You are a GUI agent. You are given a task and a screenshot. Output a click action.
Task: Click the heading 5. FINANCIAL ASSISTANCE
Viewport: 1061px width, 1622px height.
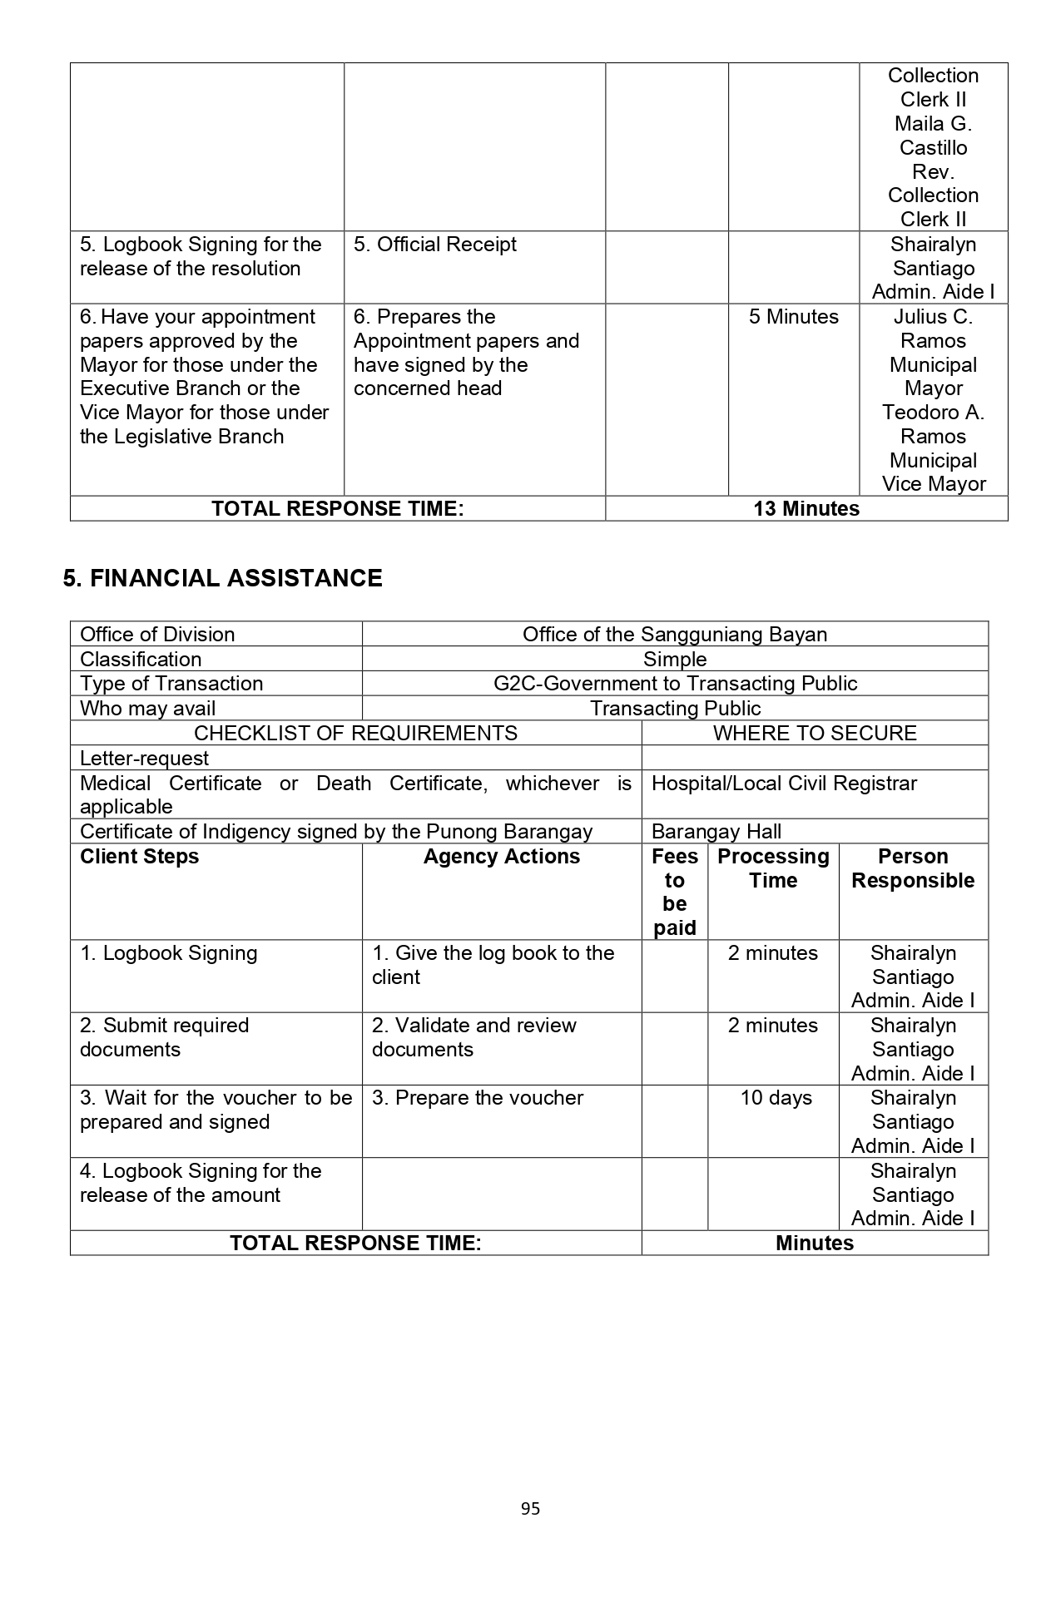coord(222,578)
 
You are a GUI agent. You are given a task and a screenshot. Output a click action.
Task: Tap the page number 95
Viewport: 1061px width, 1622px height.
coord(530,1508)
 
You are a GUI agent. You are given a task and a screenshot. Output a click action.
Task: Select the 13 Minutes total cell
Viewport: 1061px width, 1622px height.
coord(806,509)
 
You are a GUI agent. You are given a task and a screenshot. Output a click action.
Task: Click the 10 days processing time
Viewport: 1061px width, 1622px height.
coord(776,1098)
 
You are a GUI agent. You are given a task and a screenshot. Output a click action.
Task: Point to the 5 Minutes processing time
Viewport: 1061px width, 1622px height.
coord(793,317)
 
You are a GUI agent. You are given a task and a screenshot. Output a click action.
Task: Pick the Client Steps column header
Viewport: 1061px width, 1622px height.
coord(139,857)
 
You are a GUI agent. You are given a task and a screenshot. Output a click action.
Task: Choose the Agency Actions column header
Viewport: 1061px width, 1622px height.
coord(501,857)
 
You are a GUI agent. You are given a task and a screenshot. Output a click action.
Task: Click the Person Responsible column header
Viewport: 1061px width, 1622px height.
coord(913,868)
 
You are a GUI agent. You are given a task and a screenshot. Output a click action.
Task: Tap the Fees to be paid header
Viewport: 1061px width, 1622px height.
coord(674,892)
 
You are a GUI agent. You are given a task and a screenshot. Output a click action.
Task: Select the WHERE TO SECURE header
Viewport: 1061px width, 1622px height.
coord(814,733)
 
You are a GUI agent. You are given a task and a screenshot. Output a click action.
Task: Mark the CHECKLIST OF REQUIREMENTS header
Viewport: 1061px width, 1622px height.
coord(355,733)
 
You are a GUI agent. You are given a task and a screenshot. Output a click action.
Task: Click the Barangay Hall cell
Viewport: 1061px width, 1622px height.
coord(716,832)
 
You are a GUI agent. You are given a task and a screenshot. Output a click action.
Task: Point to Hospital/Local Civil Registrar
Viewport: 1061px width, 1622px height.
coord(783,784)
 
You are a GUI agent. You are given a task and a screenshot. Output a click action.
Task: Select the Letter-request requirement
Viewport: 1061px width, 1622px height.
coord(144,759)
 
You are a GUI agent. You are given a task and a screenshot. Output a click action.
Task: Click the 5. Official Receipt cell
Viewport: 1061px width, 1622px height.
coord(434,245)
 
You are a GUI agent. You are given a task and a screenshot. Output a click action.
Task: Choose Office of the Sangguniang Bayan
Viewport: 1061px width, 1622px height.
coord(674,635)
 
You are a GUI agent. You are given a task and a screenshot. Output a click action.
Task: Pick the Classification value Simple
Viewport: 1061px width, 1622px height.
coord(674,660)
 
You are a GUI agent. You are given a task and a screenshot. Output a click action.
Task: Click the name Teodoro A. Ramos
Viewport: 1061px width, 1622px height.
coord(933,424)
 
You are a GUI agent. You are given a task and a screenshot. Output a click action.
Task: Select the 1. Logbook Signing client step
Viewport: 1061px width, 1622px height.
coord(168,953)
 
